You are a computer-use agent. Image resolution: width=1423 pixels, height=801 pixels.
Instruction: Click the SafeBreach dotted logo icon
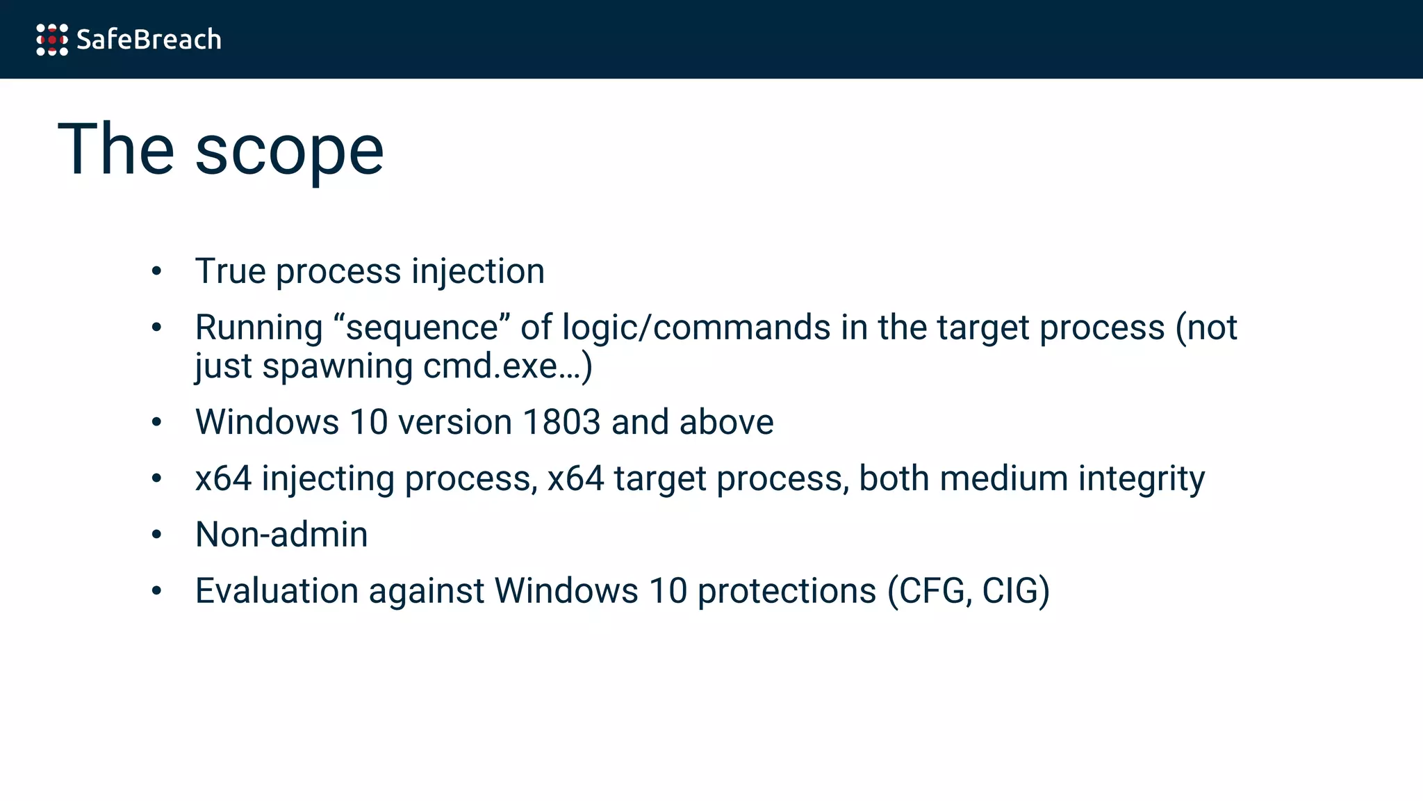pos(52,40)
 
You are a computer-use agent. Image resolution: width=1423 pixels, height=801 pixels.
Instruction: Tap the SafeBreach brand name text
pos(149,40)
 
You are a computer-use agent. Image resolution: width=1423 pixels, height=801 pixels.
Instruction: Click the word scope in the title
pos(289,150)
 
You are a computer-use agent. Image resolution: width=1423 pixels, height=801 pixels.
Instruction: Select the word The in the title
pos(116,149)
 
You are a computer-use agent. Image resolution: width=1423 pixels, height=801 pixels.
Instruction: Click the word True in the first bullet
pos(230,271)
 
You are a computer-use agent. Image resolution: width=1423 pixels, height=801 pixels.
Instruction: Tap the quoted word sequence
pos(422,327)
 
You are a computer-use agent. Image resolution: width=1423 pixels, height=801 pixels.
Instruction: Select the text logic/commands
pos(696,327)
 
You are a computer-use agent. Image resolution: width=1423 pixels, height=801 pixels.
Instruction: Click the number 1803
pos(561,422)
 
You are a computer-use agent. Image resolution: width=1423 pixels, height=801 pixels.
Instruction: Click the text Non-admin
pos(281,535)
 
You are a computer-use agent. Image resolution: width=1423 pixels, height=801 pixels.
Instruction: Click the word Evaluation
pos(277,591)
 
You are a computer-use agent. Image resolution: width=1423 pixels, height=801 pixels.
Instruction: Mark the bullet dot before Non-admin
pos(156,535)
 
